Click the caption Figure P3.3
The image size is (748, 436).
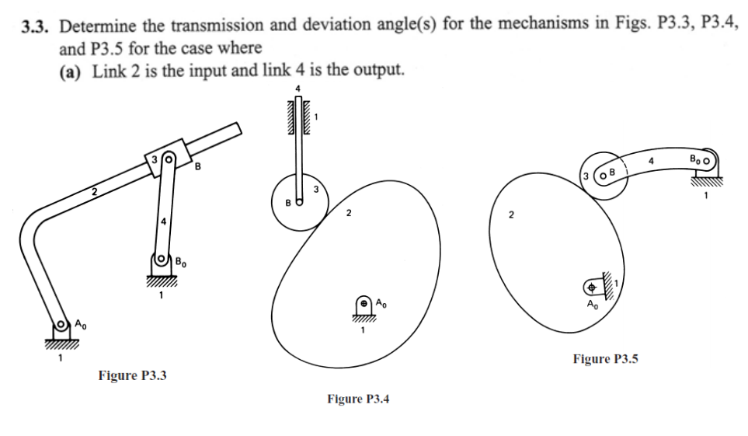click(x=133, y=375)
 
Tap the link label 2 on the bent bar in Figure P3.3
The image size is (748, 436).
click(x=92, y=190)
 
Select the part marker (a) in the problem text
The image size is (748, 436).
click(x=75, y=71)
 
